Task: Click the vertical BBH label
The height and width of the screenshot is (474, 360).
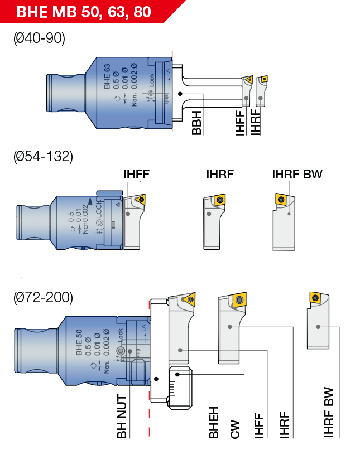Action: click(x=196, y=123)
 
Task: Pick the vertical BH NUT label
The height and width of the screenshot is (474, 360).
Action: click(x=122, y=416)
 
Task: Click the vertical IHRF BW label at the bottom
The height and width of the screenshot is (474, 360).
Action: click(x=329, y=412)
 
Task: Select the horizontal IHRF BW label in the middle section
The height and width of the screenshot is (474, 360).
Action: click(x=297, y=175)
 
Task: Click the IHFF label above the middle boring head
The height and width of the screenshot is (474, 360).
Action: click(x=136, y=175)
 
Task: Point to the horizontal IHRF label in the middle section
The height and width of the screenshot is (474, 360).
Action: click(x=219, y=175)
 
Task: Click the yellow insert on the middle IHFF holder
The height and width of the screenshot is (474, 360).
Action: click(x=140, y=199)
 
